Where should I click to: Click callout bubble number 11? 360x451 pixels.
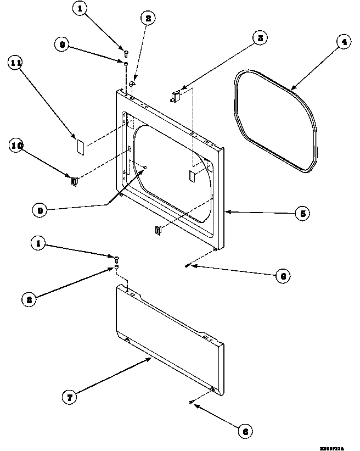[x=15, y=64]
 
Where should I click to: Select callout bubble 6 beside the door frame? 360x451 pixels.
[x=282, y=276]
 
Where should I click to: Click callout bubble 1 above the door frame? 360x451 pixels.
[x=81, y=10]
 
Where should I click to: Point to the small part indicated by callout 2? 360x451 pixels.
[x=133, y=83]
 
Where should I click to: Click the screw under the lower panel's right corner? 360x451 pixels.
[x=190, y=404]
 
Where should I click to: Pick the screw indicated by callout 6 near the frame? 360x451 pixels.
[x=188, y=265]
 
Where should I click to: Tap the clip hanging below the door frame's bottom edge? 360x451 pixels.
[x=159, y=230]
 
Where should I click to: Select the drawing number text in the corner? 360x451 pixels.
[x=331, y=448]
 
